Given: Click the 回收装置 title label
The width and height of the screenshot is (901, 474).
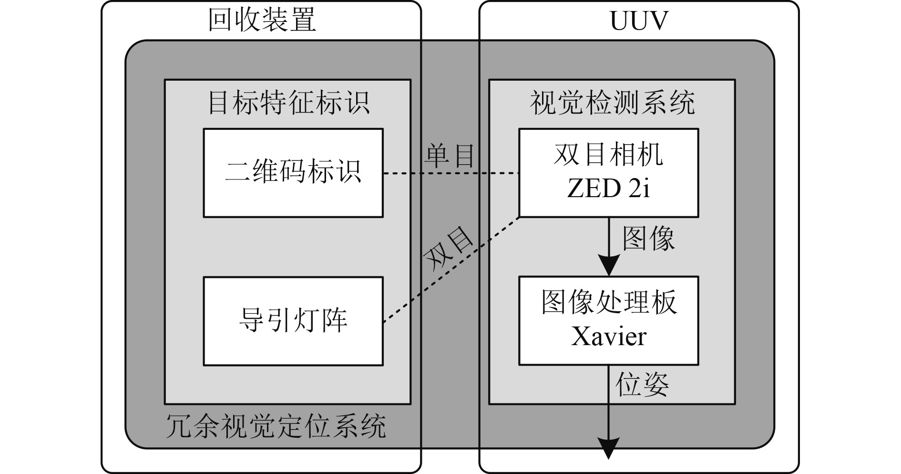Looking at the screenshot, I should [x=262, y=21].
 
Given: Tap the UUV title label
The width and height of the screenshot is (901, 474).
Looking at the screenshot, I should [x=639, y=21].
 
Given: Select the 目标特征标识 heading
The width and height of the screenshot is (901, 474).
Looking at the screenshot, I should [x=288, y=103].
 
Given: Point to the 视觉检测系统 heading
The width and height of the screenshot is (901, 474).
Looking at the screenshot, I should [x=612, y=103].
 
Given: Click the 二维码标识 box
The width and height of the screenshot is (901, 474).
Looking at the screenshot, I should [x=293, y=173].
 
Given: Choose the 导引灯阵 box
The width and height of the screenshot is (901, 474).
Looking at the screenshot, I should [x=293, y=321].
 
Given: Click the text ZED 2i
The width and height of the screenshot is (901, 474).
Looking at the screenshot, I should [x=608, y=189].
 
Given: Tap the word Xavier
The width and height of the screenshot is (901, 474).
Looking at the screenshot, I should [x=608, y=337].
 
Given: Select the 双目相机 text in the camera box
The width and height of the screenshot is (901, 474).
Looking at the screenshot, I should [x=608, y=155].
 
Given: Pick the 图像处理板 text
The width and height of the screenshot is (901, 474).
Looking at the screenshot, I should [x=608, y=302].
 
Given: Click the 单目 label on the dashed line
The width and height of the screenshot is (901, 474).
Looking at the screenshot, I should [x=450, y=156].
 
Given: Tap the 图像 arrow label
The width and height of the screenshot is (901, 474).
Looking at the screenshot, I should [x=648, y=238].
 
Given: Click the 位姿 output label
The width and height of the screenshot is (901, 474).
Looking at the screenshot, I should [x=642, y=385].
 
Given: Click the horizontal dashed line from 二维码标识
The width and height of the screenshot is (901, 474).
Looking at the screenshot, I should [x=450, y=173].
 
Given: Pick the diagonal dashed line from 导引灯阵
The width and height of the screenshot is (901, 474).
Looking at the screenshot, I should [x=450, y=270].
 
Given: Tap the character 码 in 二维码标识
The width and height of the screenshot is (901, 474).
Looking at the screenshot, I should [x=293, y=172].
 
